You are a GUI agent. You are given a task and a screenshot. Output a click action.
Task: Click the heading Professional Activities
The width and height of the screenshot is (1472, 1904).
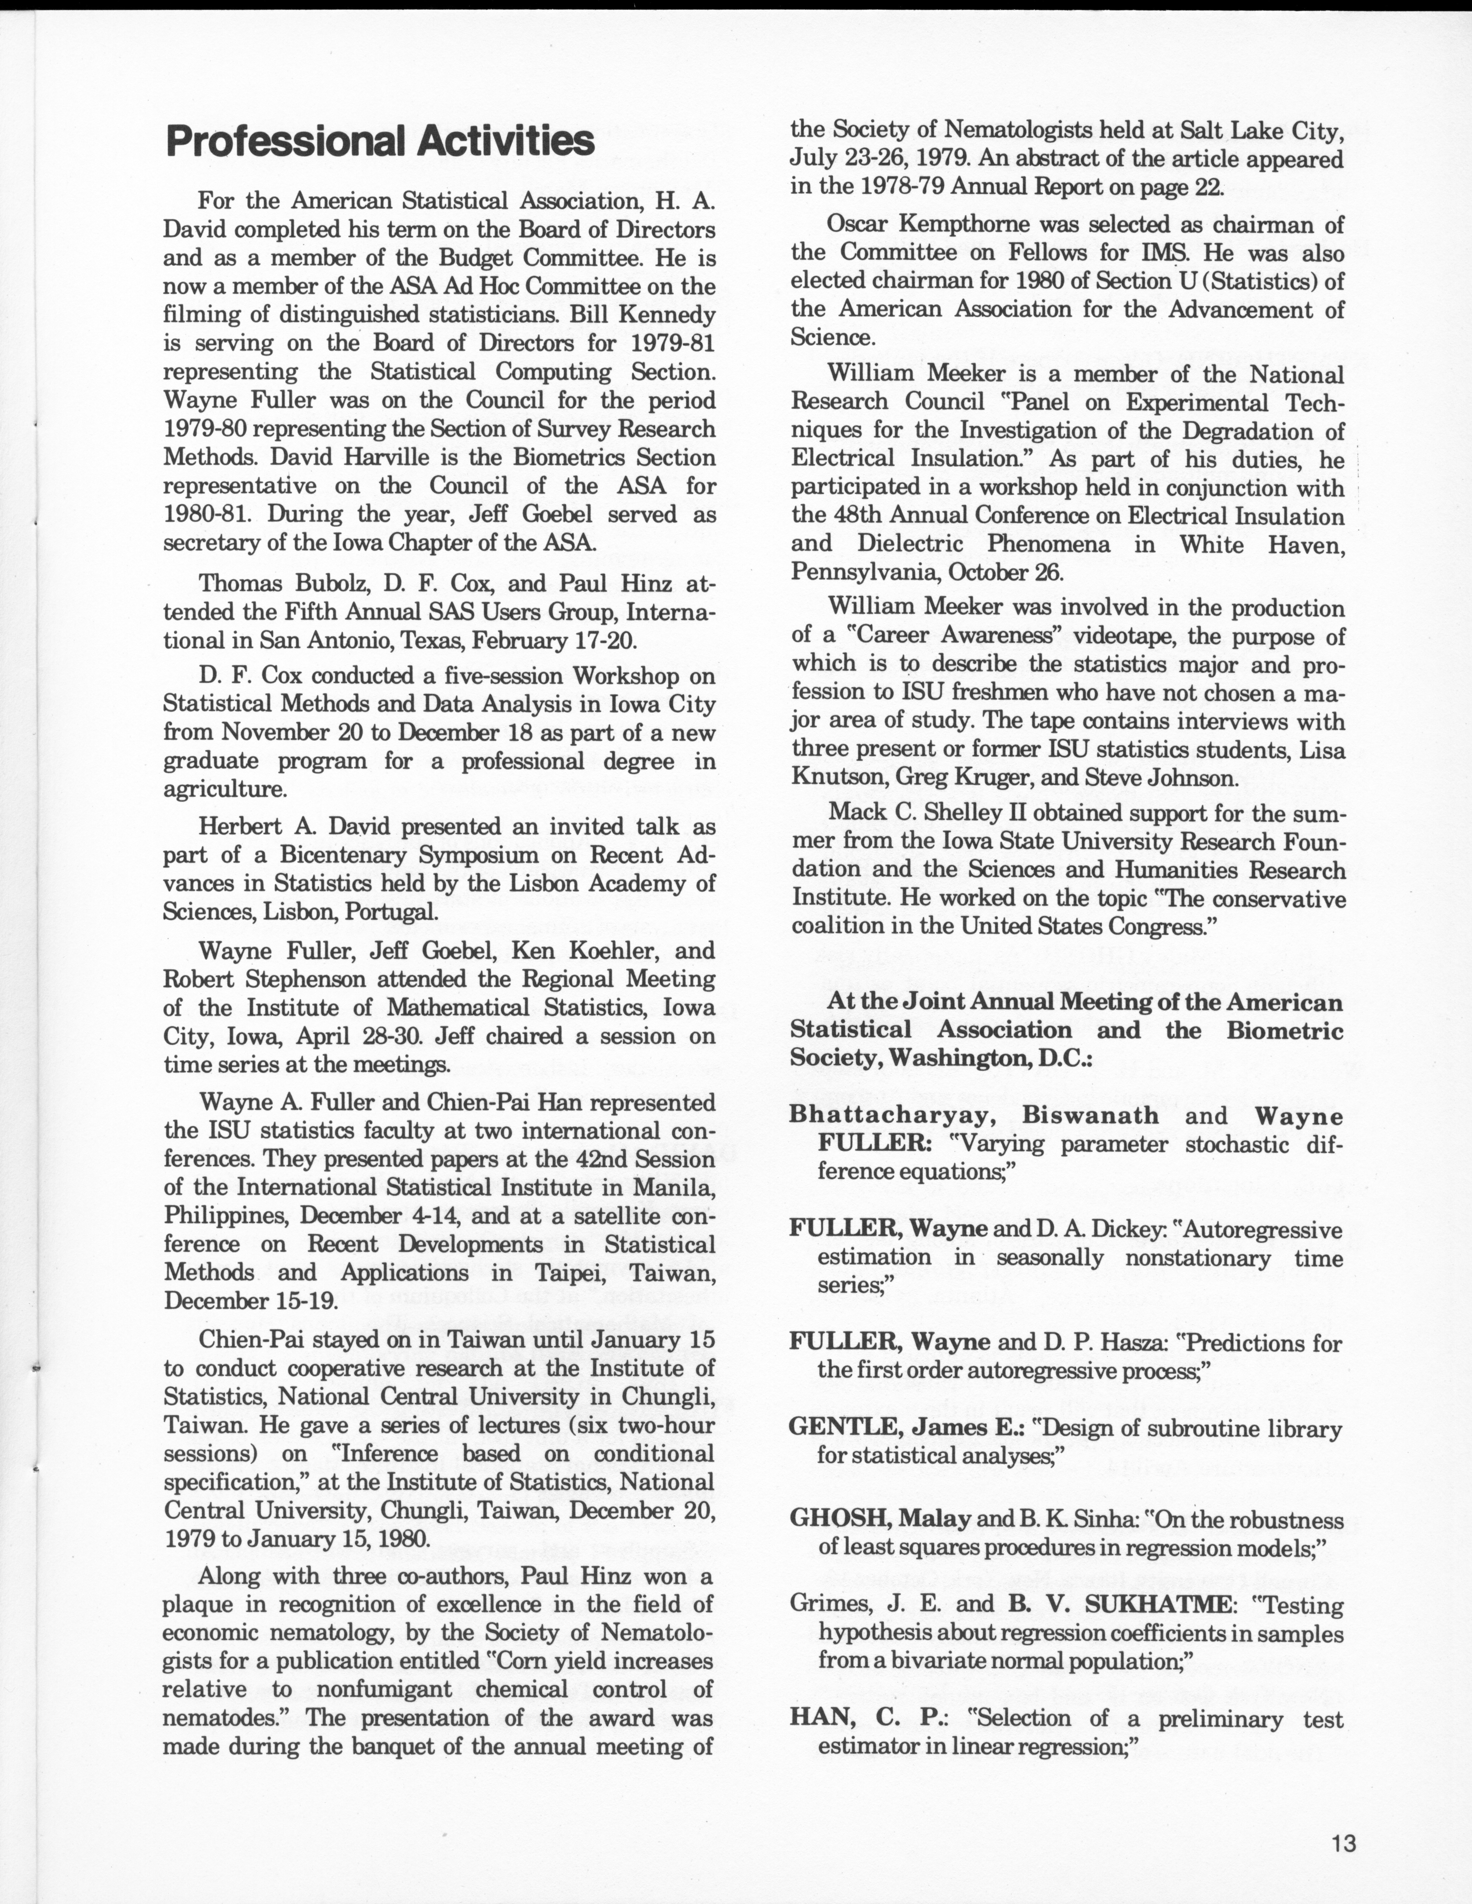380,141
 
